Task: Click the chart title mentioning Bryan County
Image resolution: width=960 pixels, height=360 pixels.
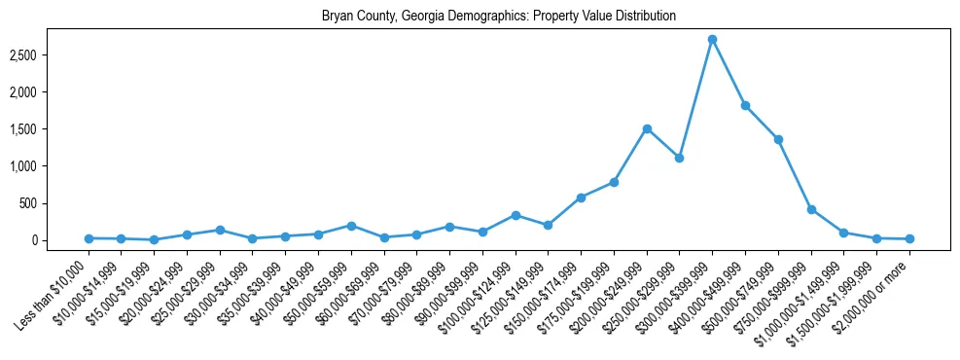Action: click(499, 17)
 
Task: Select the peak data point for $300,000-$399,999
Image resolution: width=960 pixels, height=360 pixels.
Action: click(712, 39)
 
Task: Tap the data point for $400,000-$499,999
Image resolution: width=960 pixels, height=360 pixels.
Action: click(745, 105)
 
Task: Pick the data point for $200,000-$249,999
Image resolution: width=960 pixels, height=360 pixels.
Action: click(647, 128)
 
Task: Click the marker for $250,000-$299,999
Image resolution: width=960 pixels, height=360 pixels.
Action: click(680, 158)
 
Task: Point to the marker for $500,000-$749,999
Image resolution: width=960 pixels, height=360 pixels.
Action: click(778, 139)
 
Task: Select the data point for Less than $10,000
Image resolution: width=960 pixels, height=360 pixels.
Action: click(89, 238)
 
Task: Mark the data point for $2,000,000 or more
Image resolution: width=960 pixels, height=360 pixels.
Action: click(909, 238)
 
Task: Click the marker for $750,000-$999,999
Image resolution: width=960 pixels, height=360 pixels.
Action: click(811, 209)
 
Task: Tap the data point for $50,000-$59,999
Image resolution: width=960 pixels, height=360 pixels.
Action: click(351, 226)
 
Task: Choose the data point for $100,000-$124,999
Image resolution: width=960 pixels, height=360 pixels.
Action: click(516, 215)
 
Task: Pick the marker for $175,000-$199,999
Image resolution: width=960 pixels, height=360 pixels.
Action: click(614, 182)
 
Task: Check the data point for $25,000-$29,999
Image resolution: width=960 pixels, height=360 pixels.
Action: click(220, 230)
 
